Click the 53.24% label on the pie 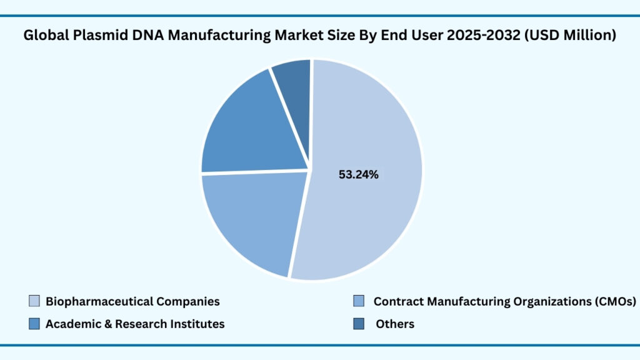coord(358,175)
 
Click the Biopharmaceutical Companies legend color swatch coord(34,301)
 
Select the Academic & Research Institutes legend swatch coord(34,324)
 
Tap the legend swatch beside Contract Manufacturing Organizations coord(358,301)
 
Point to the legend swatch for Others coord(358,324)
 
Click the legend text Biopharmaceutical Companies coord(132,301)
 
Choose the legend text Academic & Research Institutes coord(135,324)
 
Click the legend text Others coord(395,324)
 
